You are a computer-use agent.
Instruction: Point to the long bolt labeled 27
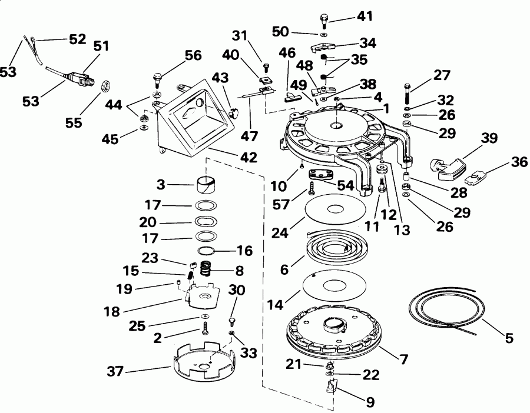(x=406, y=93)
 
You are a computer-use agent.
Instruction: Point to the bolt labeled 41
(x=325, y=22)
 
